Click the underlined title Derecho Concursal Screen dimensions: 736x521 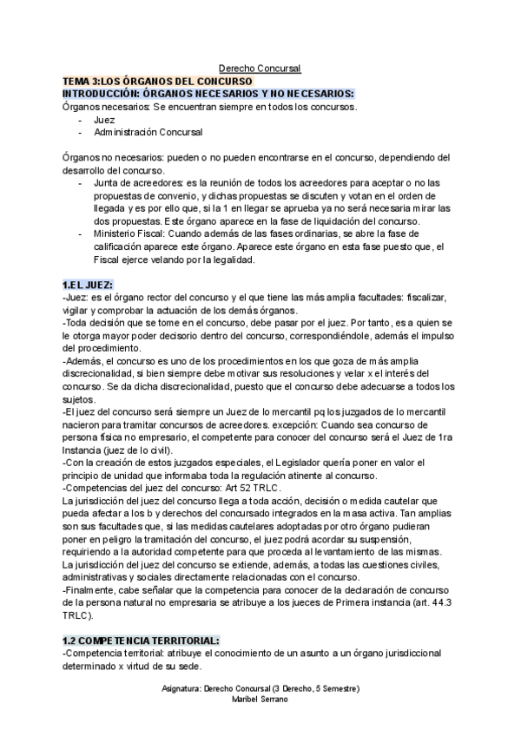[x=260, y=69]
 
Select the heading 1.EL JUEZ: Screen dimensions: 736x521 [x=88, y=286]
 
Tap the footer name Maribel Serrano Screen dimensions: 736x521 [x=260, y=700]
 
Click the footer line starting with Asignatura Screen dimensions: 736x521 [x=260, y=688]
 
